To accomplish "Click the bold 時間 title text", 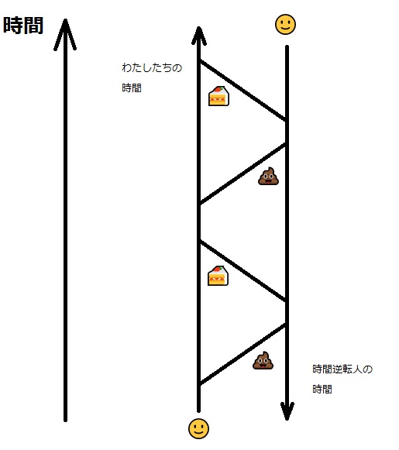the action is tap(23, 26).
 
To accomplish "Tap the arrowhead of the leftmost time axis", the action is tap(65, 34).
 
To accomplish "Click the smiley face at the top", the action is tap(285, 24).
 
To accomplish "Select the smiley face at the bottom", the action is tap(198, 428).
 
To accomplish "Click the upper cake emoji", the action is tap(218, 96).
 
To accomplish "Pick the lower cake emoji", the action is tap(218, 276).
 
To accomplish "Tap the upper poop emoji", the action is tap(268, 177).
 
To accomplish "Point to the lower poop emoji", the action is tap(263, 360).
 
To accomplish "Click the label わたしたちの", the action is tap(152, 67).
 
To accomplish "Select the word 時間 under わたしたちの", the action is tap(132, 88).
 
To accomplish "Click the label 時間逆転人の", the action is tap(342, 369).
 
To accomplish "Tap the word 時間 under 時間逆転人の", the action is tap(322, 389).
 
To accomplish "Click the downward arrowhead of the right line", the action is tap(287, 412).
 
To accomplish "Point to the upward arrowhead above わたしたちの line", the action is tap(199, 36).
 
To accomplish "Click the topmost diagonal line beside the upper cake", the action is tap(242, 91).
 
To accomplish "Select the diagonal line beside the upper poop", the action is tap(242, 173).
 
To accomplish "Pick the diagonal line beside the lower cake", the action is tap(242, 271).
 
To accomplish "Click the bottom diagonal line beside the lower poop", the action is tap(242, 355).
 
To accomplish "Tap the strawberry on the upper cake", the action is tap(218, 89).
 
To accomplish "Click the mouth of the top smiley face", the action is tap(285, 28).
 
